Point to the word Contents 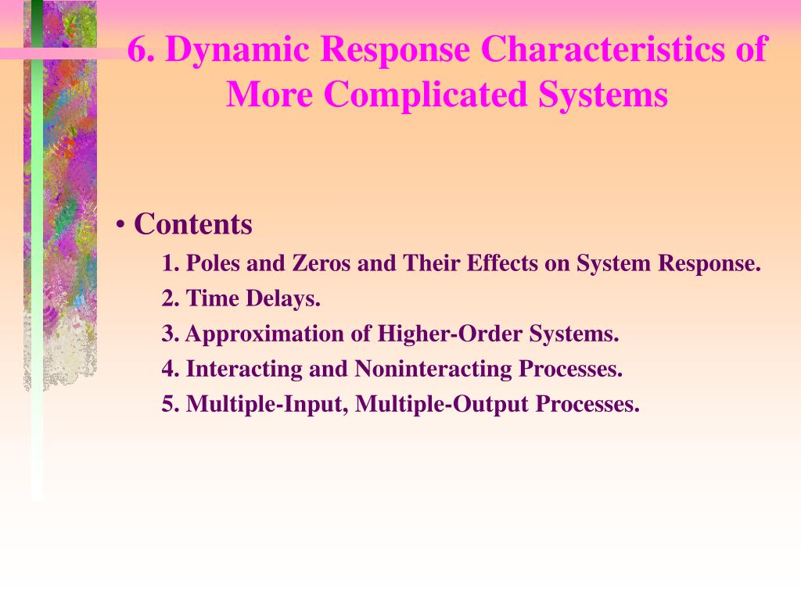(x=193, y=224)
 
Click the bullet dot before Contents (x=120, y=224)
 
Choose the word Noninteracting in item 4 (x=433, y=369)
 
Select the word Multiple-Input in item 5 (x=268, y=405)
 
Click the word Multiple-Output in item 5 (x=442, y=405)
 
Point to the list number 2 (x=171, y=298)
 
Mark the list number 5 (x=171, y=404)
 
